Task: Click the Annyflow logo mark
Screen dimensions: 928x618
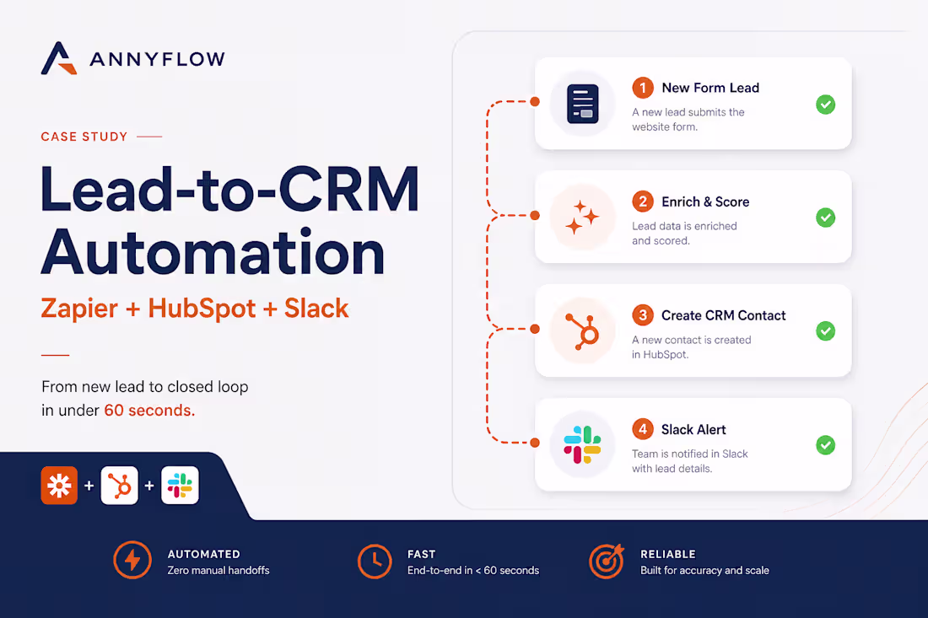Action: coord(58,58)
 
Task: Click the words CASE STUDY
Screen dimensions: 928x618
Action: coord(84,137)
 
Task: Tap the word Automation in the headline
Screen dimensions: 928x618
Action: coord(213,253)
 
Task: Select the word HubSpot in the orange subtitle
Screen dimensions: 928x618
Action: coord(202,308)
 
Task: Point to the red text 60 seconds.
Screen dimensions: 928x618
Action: coord(149,410)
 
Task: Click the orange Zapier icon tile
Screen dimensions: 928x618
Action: coord(59,486)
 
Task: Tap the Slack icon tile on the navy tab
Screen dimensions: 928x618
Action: coord(180,486)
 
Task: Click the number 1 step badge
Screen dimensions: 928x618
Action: coord(643,88)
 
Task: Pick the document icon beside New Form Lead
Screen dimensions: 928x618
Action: coord(582,104)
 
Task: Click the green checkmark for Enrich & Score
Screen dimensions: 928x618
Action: coord(826,218)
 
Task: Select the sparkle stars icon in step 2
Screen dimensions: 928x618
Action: coord(582,217)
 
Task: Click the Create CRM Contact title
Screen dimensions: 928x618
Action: coord(723,315)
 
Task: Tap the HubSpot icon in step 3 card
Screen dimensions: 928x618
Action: coord(583,331)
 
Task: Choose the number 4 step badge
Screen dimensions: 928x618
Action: coord(643,429)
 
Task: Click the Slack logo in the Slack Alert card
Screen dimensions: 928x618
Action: coord(582,444)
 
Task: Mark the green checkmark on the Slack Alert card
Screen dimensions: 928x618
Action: coord(826,444)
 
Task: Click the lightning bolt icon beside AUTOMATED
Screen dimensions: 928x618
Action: coord(132,560)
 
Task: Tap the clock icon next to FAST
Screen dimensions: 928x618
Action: coord(375,562)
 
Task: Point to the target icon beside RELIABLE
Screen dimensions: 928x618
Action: coord(606,561)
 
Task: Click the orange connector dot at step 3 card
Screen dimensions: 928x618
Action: coord(535,329)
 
